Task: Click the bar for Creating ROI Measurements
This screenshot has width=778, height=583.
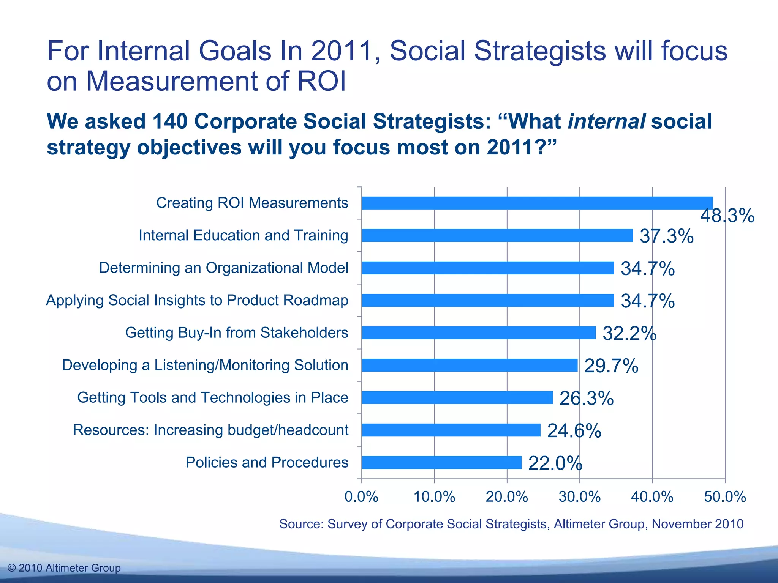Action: pyautogui.click(x=537, y=203)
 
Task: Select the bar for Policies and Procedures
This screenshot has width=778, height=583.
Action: pyautogui.click(x=441, y=463)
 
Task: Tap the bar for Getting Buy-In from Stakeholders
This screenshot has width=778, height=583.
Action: pyautogui.click(x=479, y=333)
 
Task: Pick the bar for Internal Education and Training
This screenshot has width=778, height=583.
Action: pyautogui.click(x=497, y=235)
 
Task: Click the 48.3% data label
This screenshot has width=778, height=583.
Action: pyautogui.click(x=727, y=216)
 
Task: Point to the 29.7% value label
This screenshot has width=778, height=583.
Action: pyautogui.click(x=611, y=366)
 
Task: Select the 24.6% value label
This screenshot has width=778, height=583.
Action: pyautogui.click(x=574, y=431)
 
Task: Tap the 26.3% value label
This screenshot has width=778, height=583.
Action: pyautogui.click(x=586, y=399)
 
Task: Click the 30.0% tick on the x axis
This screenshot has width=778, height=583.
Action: pyautogui.click(x=579, y=497)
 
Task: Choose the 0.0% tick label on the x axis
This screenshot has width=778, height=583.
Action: pyautogui.click(x=361, y=497)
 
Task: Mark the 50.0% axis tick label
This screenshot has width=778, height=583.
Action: pyautogui.click(x=725, y=497)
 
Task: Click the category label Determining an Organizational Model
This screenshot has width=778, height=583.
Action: pyautogui.click(x=223, y=268)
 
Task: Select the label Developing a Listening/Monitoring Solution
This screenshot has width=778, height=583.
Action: pyautogui.click(x=205, y=365)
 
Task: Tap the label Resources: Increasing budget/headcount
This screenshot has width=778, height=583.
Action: pyautogui.click(x=210, y=430)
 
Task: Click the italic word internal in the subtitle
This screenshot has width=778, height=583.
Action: pyautogui.click(x=606, y=121)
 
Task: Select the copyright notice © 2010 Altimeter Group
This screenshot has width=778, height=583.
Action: pyautogui.click(x=64, y=568)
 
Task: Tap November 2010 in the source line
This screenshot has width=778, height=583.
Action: pyautogui.click(x=697, y=524)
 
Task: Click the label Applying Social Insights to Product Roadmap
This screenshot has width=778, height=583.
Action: pyautogui.click(x=197, y=300)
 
